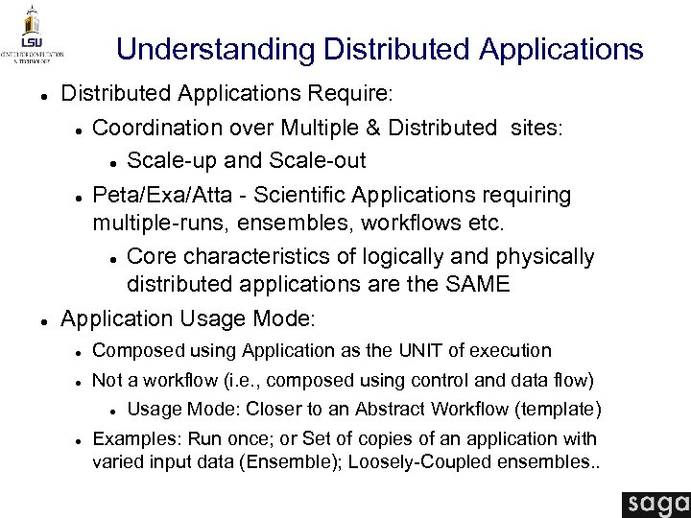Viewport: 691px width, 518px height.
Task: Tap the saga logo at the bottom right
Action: pos(655,503)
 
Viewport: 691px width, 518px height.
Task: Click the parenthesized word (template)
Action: pos(559,410)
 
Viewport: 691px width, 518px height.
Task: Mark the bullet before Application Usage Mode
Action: pos(34,319)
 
